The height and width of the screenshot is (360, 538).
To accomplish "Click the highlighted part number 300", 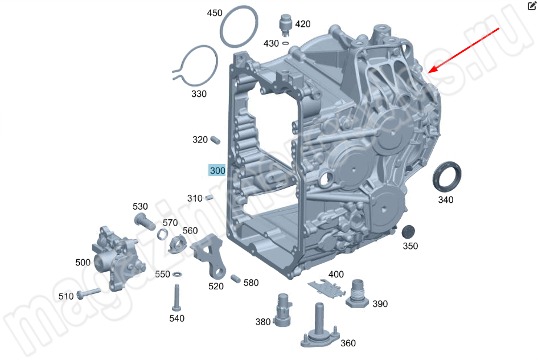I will click(217, 170).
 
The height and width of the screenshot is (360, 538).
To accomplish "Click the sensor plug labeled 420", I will click(285, 24).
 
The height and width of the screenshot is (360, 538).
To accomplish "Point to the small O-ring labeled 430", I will click(285, 42).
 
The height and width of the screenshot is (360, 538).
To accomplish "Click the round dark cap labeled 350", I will click(408, 232).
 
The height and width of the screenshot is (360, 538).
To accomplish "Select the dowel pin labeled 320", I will click(215, 138).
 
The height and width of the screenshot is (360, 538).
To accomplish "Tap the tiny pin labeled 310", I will click(209, 198).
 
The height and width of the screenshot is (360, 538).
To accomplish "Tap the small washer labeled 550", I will click(177, 275).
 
